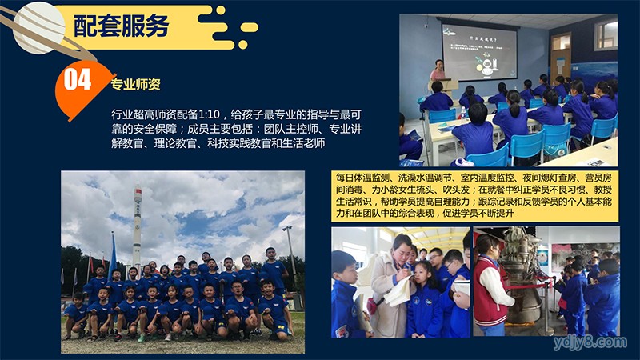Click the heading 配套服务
click(122, 26)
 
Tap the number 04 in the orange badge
click(78, 79)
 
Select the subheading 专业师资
click(135, 85)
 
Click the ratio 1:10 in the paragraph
click(210, 114)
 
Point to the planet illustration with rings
click(38, 28)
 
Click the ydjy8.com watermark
click(590, 342)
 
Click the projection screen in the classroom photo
click(479, 52)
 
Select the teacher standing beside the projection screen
click(438, 70)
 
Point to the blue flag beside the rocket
click(112, 255)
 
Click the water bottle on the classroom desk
click(463, 114)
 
